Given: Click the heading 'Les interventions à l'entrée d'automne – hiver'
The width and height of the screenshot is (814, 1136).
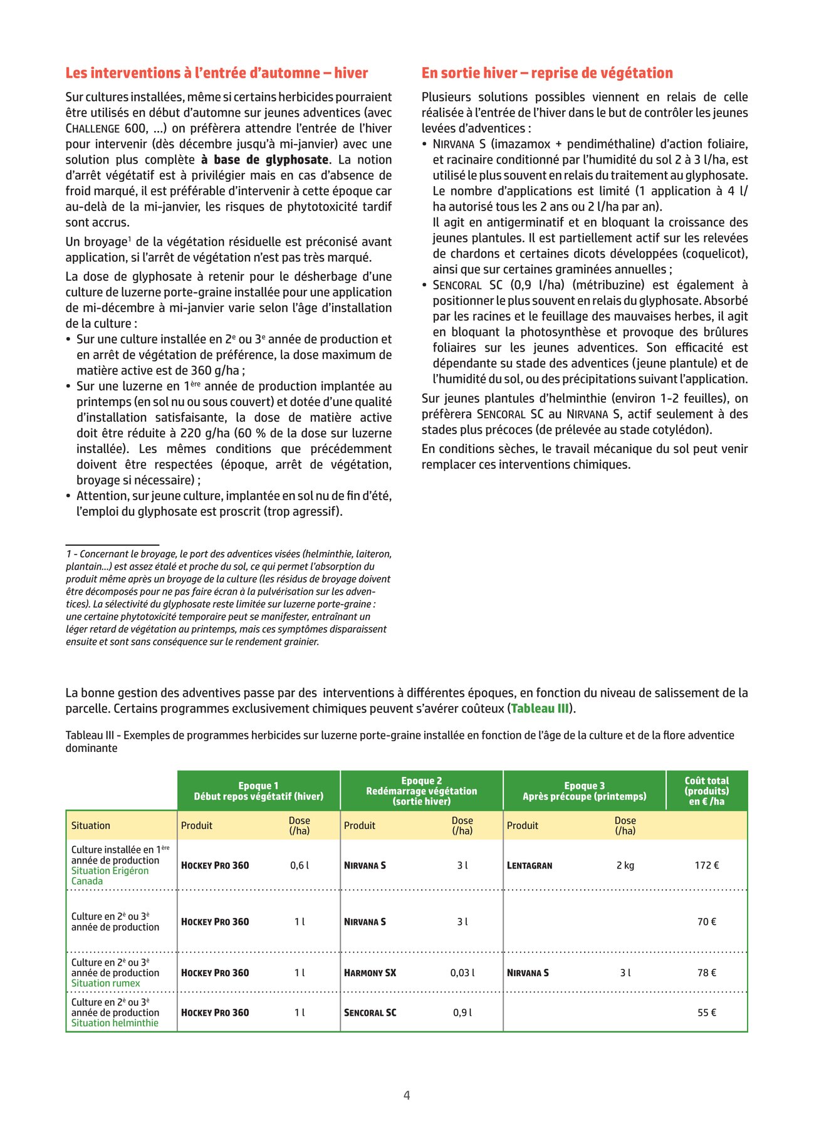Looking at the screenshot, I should (x=216, y=73).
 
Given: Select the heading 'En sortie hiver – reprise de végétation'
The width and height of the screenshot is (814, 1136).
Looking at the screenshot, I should (x=546, y=73).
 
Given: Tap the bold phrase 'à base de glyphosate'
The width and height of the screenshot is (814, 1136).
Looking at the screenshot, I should (x=264, y=160).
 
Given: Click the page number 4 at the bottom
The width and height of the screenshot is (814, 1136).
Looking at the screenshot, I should (x=407, y=1095).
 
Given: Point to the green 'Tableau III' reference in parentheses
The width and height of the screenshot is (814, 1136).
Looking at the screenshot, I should (x=540, y=709).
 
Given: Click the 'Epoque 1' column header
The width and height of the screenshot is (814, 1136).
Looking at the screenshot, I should (x=258, y=791).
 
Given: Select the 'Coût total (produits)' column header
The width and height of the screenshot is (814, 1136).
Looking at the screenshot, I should (x=706, y=791).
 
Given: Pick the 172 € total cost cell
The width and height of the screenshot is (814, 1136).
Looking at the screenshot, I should (x=706, y=865).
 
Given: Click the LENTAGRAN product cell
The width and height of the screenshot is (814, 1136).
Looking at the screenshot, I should (x=530, y=865).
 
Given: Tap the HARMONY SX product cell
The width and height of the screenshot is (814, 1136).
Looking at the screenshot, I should (x=370, y=973).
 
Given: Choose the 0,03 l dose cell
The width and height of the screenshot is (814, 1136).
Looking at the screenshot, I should (x=462, y=973).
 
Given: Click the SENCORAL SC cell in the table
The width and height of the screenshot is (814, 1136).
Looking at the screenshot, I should (x=370, y=1013).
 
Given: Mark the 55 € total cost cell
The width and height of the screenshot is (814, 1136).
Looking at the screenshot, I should (x=706, y=1013).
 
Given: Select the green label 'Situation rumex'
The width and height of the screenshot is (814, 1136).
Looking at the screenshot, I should (x=105, y=983).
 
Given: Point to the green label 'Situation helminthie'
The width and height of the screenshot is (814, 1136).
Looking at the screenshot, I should (x=115, y=1023).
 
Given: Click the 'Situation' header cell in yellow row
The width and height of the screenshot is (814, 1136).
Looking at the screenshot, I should (x=91, y=826).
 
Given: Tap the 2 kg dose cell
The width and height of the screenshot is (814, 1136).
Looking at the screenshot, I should (x=625, y=865).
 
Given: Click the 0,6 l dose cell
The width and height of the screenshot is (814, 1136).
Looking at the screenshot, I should (x=300, y=865).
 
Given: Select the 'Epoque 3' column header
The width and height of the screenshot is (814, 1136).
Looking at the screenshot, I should (x=584, y=791).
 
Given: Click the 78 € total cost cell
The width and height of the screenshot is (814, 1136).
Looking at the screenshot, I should (x=706, y=973).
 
